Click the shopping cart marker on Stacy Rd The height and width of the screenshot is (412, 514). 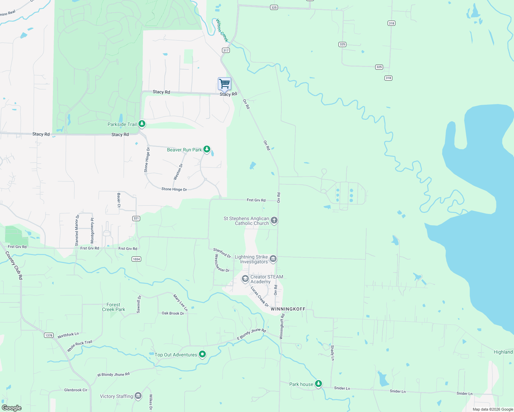(x=224, y=83)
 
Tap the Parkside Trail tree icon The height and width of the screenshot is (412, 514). (x=142, y=124)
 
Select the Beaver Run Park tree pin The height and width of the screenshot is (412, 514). (x=207, y=149)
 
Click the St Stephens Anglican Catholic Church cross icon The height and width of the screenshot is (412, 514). (x=274, y=220)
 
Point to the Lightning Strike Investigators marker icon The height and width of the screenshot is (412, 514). (x=273, y=259)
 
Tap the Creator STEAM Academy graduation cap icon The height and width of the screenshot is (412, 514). (x=245, y=278)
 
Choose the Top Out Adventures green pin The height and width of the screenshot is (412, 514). (x=203, y=354)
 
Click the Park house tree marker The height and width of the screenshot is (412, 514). (x=319, y=383)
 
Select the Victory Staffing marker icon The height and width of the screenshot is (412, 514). (x=138, y=396)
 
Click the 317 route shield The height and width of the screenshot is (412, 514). (x=226, y=50)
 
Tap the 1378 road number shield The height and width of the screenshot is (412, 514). (x=49, y=335)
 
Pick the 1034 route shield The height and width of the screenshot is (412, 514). (x=136, y=259)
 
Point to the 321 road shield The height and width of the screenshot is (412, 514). (x=136, y=218)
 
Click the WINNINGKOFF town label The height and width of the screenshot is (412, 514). (x=288, y=309)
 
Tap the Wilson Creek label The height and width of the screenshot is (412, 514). (x=222, y=30)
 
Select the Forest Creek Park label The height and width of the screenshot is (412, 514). (x=113, y=307)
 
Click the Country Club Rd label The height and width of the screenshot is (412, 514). (x=14, y=265)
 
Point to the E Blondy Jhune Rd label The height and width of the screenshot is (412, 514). (x=252, y=334)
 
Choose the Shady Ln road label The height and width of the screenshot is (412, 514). (x=332, y=353)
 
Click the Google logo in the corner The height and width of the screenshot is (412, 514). (x=12, y=408)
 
